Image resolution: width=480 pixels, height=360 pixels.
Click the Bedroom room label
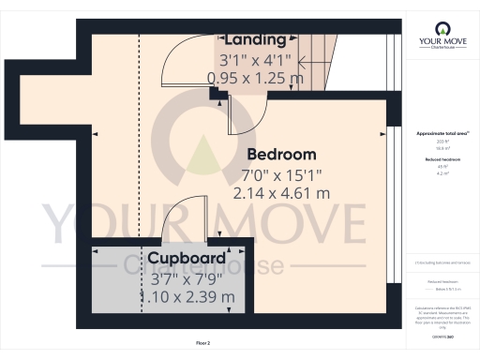coord(281,154)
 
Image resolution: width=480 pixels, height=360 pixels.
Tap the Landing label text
coord(255,39)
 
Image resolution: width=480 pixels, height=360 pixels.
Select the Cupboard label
coord(186,258)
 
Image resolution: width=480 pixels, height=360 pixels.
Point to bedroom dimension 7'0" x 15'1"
coord(281,173)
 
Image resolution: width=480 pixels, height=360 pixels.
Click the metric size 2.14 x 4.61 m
coord(281,193)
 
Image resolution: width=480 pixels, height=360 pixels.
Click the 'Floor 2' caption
coord(205,344)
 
